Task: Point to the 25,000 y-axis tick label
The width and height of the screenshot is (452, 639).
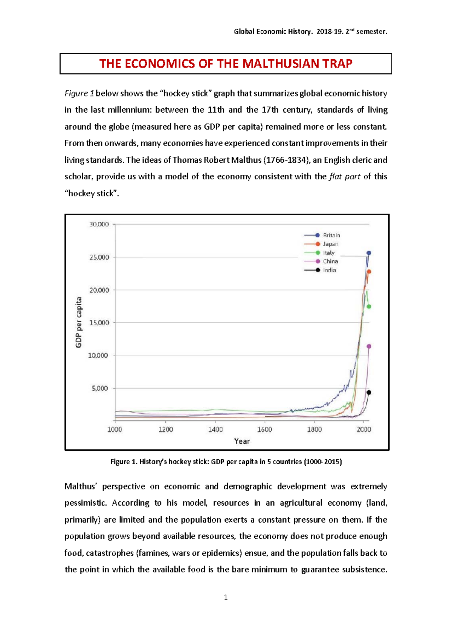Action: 99,257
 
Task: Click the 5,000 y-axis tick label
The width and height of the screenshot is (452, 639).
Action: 100,388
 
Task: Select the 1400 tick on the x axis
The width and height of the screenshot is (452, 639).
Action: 215,430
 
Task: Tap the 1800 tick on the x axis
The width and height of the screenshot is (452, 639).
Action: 314,430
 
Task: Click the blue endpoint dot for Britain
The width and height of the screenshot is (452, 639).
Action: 369,253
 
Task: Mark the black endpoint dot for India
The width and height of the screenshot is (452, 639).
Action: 369,393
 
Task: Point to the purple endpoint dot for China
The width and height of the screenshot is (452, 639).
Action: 369,346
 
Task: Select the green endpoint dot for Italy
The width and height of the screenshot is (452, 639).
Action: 369,307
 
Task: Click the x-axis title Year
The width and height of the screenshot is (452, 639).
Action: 242,441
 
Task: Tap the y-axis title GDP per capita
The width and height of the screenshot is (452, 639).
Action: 79,323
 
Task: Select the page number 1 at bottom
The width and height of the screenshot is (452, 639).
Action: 226,597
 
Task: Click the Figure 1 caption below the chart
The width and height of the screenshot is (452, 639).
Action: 226,462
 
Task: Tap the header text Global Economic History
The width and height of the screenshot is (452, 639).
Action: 273,32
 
